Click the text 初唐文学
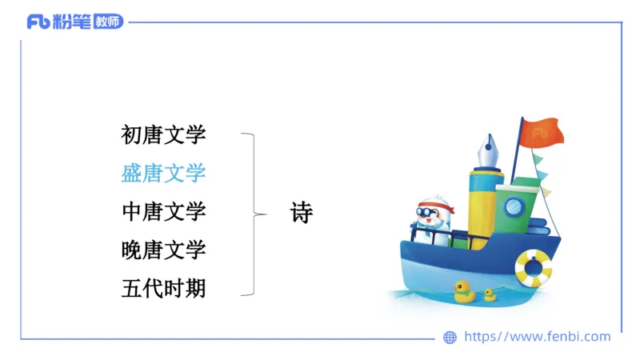tap(163, 134)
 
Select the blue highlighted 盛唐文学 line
tap(163, 173)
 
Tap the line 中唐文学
tap(163, 211)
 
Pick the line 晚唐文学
tap(163, 250)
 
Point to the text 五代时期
tap(163, 288)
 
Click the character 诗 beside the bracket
tap(302, 213)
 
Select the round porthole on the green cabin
tap(514, 207)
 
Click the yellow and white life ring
tap(533, 267)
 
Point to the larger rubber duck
tap(464, 291)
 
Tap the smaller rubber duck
tap(490, 294)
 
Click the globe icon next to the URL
tap(450, 337)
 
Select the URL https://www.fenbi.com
tap(538, 337)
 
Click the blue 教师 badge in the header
tap(109, 22)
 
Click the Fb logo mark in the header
tap(38, 22)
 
